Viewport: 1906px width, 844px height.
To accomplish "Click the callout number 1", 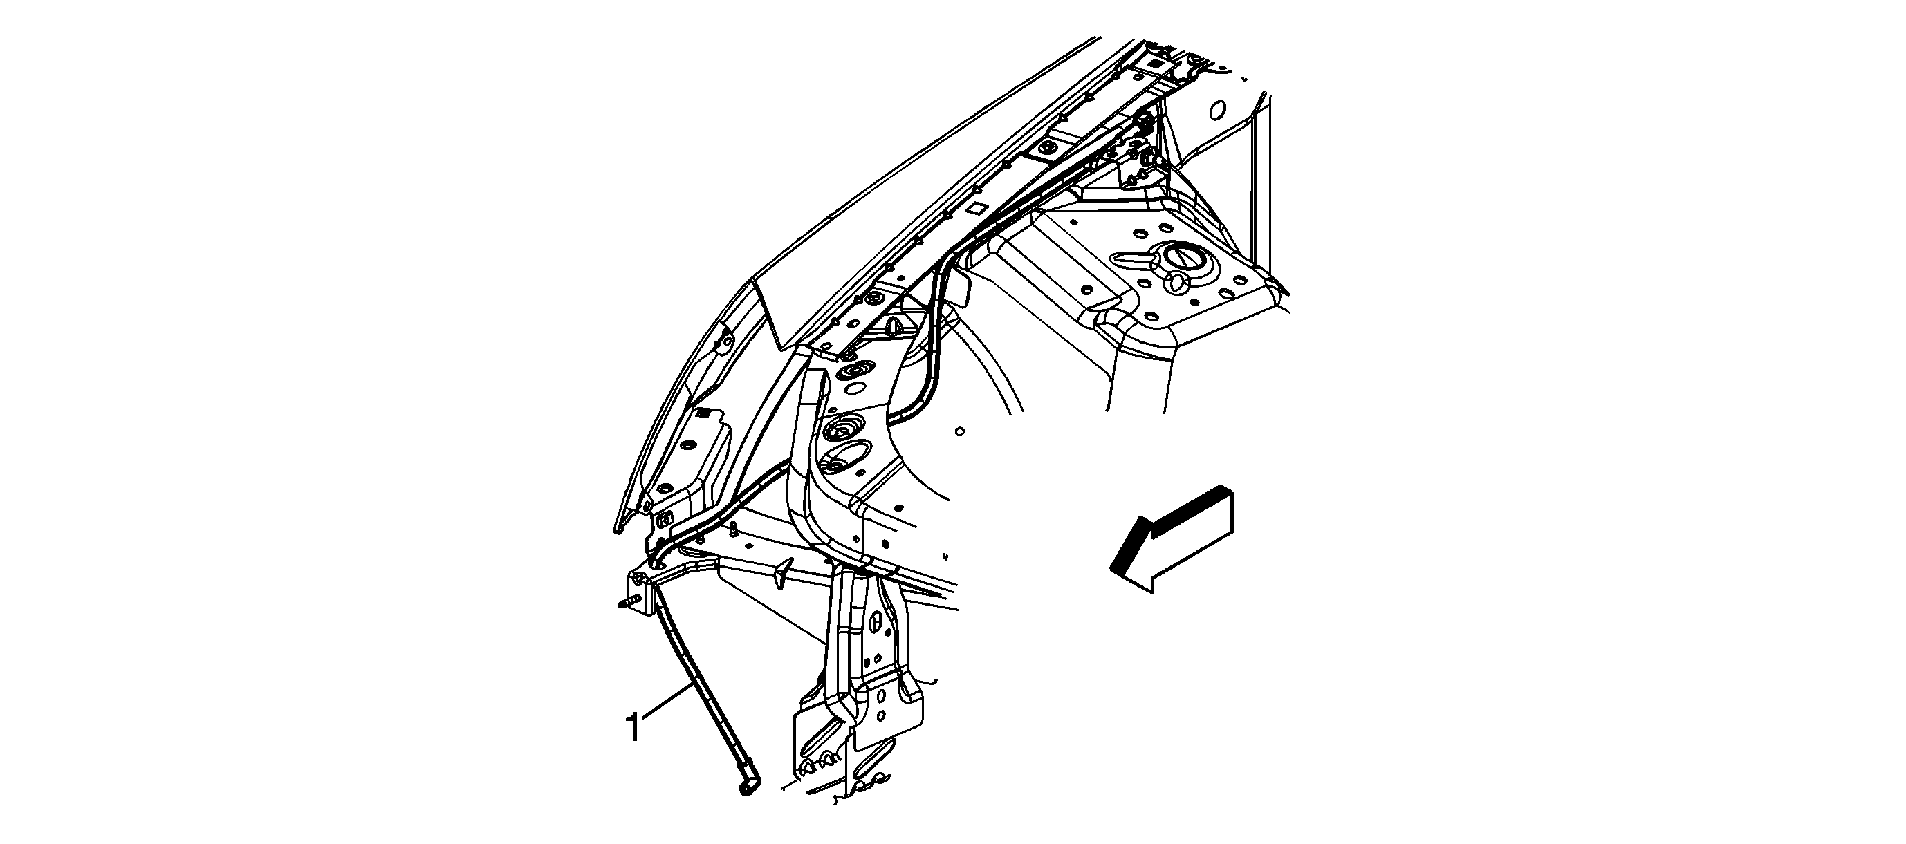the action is coord(633,727).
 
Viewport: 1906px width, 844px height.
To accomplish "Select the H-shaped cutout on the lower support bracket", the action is coord(876,622).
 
